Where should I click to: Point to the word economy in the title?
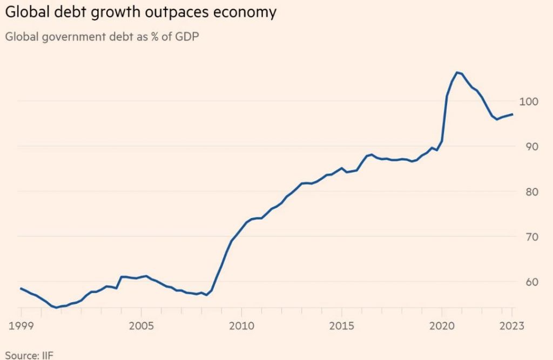pos(248,12)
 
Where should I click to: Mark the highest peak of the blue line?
pos(457,72)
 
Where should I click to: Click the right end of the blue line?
pos(512,114)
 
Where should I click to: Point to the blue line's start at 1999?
pos(21,288)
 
